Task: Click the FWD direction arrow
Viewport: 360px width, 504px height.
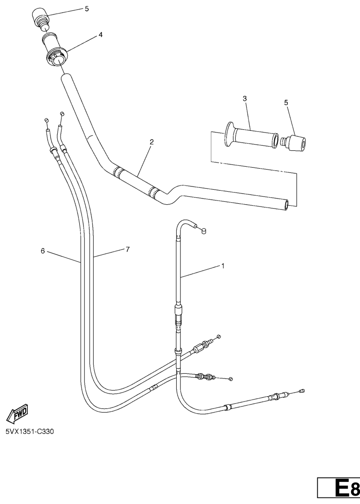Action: pos(17,413)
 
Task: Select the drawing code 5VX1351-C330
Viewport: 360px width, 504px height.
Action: pos(30,431)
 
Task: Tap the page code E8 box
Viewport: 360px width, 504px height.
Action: pos(339,490)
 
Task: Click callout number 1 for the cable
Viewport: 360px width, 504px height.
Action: pos(223,266)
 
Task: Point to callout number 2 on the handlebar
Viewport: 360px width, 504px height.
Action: pos(151,142)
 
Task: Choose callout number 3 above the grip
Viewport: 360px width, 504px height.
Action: pos(245,98)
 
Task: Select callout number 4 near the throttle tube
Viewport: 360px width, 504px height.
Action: pos(100,34)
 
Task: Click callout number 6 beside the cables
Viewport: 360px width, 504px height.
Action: pos(43,251)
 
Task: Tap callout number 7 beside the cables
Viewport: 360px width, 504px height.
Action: pos(127,249)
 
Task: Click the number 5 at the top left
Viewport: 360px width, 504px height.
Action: pos(87,9)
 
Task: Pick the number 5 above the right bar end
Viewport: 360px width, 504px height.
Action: pos(286,103)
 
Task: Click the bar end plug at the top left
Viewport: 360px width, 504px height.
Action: pos(40,19)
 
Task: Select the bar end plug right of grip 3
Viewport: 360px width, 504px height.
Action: pos(293,143)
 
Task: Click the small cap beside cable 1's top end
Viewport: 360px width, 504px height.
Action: pos(203,230)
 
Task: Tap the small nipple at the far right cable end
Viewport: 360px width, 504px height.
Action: pos(302,391)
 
